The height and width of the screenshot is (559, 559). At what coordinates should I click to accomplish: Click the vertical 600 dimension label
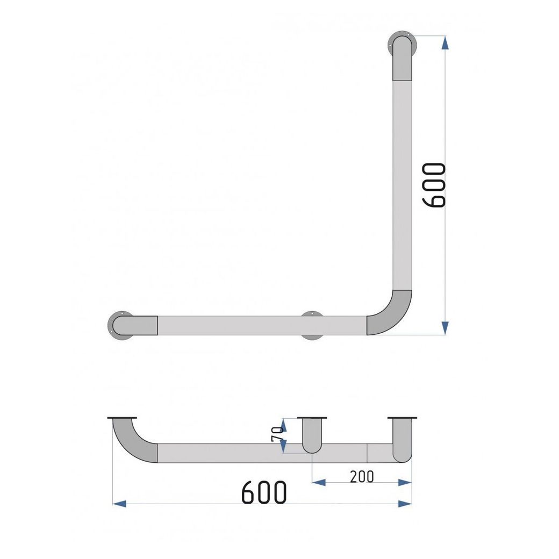[x=434, y=185]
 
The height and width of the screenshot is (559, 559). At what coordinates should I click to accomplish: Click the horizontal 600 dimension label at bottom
[x=264, y=492]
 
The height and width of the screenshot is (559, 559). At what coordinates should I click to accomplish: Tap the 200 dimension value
[x=362, y=477]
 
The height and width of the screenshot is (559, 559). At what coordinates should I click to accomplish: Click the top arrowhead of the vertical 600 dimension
[x=445, y=43]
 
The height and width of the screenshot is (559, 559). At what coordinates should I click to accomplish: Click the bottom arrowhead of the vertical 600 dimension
[x=445, y=328]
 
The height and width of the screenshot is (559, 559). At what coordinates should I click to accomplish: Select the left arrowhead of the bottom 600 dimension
[x=119, y=504]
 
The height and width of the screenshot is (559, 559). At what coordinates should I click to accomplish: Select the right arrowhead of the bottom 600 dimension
[x=405, y=504]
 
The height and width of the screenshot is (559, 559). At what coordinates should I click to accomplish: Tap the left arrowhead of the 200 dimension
[x=319, y=482]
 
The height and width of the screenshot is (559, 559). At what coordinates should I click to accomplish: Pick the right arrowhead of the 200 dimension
[x=405, y=482]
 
